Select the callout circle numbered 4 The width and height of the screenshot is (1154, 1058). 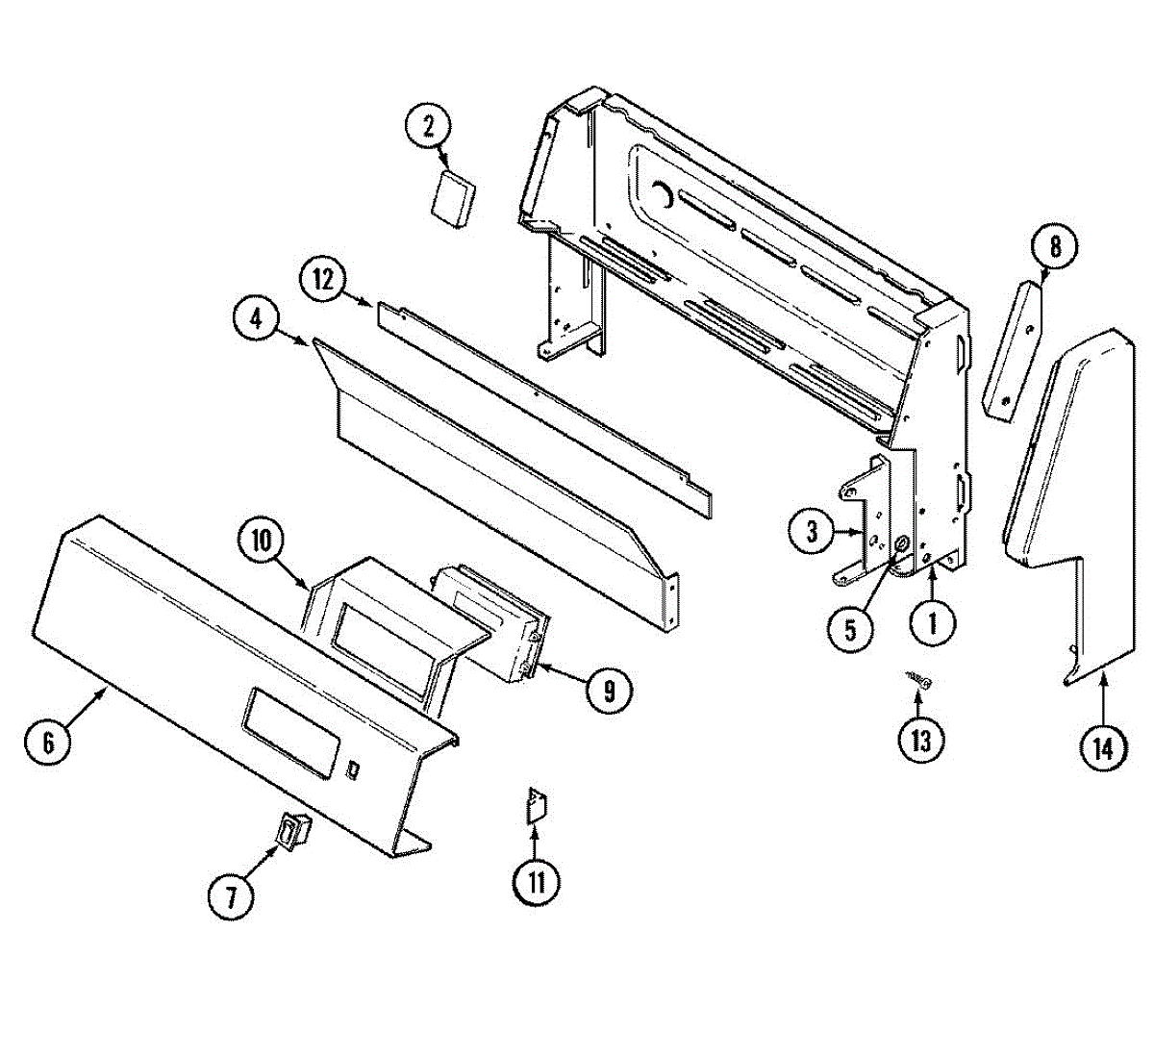[256, 320]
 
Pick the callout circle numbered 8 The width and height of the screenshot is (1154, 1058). [1055, 248]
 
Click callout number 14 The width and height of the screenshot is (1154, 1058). [1102, 747]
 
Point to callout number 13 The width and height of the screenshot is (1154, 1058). [921, 741]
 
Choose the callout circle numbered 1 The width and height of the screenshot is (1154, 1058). [932, 625]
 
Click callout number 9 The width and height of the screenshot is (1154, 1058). [609, 689]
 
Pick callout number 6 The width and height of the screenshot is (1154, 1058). [47, 742]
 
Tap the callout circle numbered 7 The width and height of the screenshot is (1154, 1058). [231, 897]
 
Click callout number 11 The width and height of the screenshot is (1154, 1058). [537, 881]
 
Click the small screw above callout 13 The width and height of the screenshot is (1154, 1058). [921, 681]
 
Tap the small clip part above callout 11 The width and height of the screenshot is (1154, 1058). [535, 805]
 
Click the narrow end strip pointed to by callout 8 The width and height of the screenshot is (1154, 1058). [1014, 349]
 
